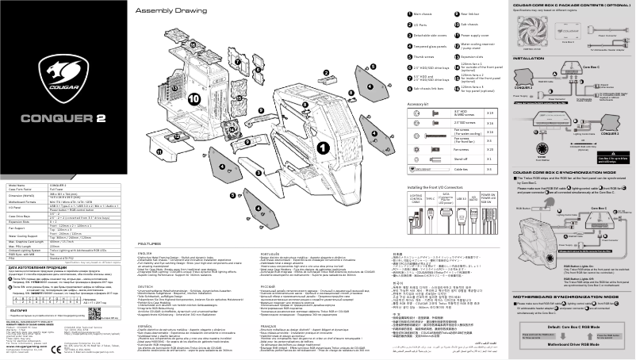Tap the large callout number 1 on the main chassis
coord(323,147)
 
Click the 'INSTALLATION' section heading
coord(528,59)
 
